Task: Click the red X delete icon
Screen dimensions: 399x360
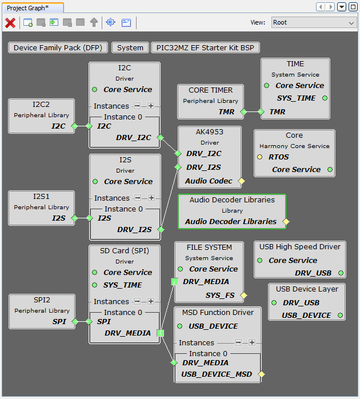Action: (10, 22)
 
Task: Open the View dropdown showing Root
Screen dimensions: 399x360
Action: (313, 22)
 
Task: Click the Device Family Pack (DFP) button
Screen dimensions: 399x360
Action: (58, 47)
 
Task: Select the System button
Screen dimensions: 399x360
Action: (130, 47)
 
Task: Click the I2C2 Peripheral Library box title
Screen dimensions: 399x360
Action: (41, 105)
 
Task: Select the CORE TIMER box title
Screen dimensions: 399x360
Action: (210, 90)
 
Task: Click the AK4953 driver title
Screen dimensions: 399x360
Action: (210, 131)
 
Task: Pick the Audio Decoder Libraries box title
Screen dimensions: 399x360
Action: (232, 200)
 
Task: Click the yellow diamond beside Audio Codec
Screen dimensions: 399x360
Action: (241, 181)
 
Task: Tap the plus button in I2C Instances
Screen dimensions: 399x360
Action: (151, 106)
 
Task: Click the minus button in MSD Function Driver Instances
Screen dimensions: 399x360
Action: (238, 342)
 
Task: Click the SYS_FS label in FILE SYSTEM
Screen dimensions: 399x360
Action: (220, 295)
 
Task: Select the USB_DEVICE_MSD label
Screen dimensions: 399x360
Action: (217, 374)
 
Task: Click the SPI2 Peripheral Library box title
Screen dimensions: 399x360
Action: (42, 300)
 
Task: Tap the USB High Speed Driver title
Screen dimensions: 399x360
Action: (300, 247)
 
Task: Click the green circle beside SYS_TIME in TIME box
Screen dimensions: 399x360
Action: (325, 98)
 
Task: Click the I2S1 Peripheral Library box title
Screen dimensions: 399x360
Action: (41, 197)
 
